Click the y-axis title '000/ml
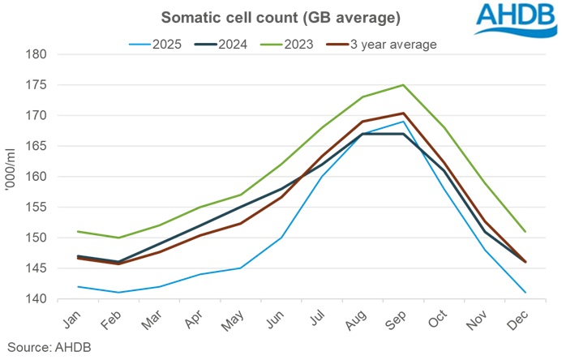11,177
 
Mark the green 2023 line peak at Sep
403,85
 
